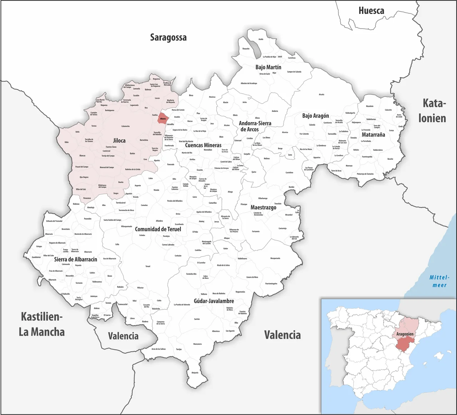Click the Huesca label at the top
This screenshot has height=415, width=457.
(x=371, y=11)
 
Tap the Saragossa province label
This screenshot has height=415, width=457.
(x=168, y=38)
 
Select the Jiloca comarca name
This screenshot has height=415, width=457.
(x=119, y=140)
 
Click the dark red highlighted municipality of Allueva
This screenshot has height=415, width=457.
(x=162, y=119)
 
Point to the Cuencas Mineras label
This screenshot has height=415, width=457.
(x=203, y=145)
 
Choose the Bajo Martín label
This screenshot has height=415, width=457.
(x=268, y=67)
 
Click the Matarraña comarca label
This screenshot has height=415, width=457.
(x=373, y=135)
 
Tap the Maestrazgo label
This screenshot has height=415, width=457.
(x=263, y=207)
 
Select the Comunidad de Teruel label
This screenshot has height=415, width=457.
(x=158, y=229)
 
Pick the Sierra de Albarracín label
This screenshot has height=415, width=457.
(x=76, y=260)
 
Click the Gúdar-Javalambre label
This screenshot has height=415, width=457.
(x=214, y=301)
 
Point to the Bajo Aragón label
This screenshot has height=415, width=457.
(x=316, y=116)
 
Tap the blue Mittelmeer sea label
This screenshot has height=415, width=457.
(x=440, y=281)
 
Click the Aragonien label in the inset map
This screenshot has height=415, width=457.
(x=405, y=334)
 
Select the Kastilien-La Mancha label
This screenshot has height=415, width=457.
(x=42, y=324)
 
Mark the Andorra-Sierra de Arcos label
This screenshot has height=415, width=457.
(x=255, y=126)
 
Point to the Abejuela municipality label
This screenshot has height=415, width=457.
(x=195, y=373)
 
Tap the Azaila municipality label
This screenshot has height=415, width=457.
(x=261, y=39)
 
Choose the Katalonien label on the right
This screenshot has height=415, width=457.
(x=432, y=111)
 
